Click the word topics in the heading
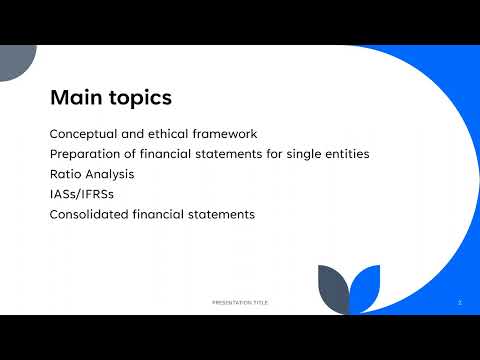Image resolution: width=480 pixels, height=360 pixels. click(139, 99)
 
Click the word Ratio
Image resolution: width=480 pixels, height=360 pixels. click(64, 174)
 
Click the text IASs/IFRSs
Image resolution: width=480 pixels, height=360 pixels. click(82, 194)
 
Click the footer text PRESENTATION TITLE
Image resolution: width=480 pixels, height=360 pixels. click(240, 301)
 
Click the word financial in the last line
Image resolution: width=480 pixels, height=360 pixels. click(165, 214)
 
